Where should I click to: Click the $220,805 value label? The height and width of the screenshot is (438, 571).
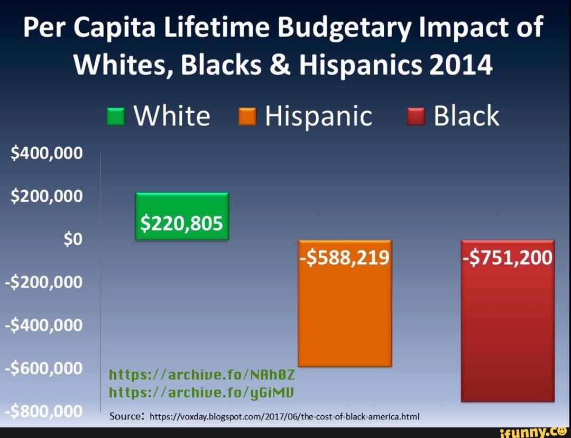click(x=182, y=225)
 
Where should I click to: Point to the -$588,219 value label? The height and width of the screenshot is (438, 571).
click(x=345, y=258)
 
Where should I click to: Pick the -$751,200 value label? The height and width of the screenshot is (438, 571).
click(x=508, y=258)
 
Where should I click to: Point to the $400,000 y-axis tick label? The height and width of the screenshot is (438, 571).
click(x=47, y=154)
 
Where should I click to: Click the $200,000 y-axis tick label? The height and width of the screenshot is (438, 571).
click(x=47, y=196)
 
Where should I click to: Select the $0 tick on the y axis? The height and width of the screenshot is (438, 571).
click(x=72, y=239)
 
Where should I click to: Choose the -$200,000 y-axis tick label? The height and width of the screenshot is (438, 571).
click(x=44, y=282)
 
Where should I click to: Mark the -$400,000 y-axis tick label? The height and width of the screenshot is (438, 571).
click(x=44, y=325)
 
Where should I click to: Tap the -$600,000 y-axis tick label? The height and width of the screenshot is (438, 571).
click(x=44, y=368)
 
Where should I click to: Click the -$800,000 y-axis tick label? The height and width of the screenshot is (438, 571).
click(x=44, y=412)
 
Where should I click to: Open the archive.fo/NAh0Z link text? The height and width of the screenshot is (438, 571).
click(x=200, y=376)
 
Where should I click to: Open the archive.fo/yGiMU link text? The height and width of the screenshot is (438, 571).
click(x=200, y=393)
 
